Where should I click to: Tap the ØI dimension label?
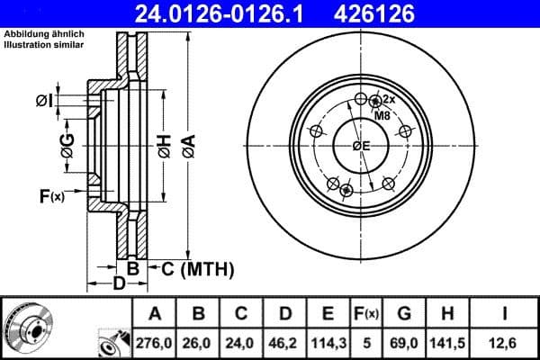44,101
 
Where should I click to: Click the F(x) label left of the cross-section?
52,194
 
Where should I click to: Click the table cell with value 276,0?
154,342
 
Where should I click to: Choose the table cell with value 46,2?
283,342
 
